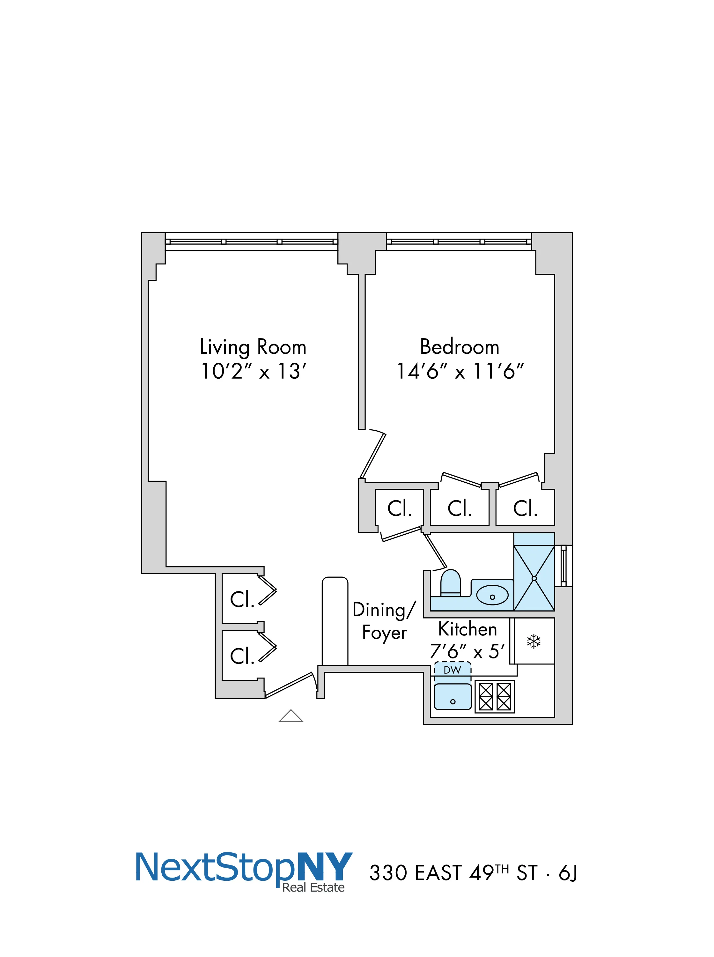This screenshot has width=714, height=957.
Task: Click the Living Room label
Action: [253, 347]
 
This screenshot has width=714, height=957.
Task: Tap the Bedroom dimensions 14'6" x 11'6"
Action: [460, 372]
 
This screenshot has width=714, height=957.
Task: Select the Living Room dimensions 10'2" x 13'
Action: [254, 372]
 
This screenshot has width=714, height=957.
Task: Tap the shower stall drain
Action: [534, 578]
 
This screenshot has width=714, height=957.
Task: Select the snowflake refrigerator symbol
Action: [534, 642]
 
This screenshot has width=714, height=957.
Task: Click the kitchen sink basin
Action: [453, 696]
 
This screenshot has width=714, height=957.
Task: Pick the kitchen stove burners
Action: [494, 697]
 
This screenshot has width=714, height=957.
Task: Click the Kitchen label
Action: [467, 629]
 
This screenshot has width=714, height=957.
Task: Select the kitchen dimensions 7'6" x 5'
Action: [467, 651]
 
